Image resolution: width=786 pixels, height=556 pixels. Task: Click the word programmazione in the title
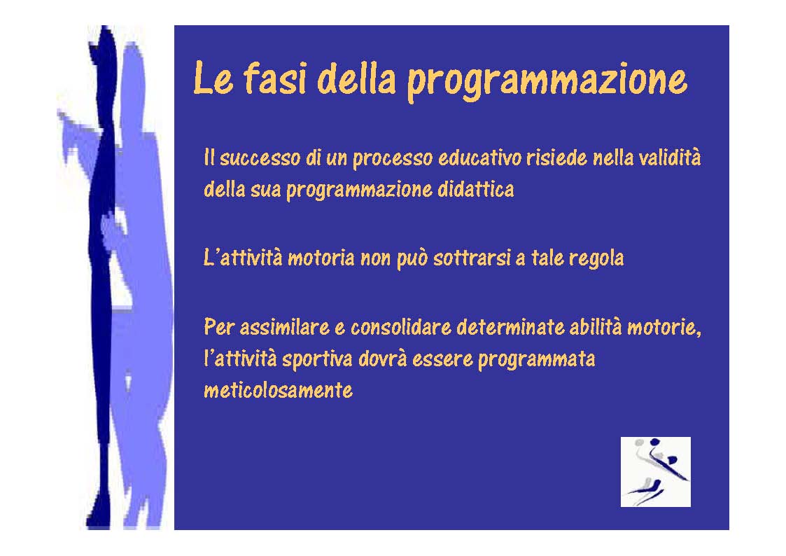coord(546,81)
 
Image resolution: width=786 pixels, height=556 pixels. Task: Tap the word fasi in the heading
coord(274,78)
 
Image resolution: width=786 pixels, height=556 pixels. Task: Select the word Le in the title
coord(213,78)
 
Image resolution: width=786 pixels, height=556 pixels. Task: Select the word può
coord(412,259)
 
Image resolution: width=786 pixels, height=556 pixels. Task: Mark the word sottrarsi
coord(472,258)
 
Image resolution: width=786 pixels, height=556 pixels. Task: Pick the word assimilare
coord(284,328)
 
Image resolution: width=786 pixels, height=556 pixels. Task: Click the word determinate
coord(510,328)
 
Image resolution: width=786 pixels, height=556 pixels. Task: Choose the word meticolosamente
coord(278,390)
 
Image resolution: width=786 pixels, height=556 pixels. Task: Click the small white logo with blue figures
coord(655,472)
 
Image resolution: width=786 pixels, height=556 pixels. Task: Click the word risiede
coord(556,158)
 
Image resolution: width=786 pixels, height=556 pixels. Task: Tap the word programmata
coord(536,360)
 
